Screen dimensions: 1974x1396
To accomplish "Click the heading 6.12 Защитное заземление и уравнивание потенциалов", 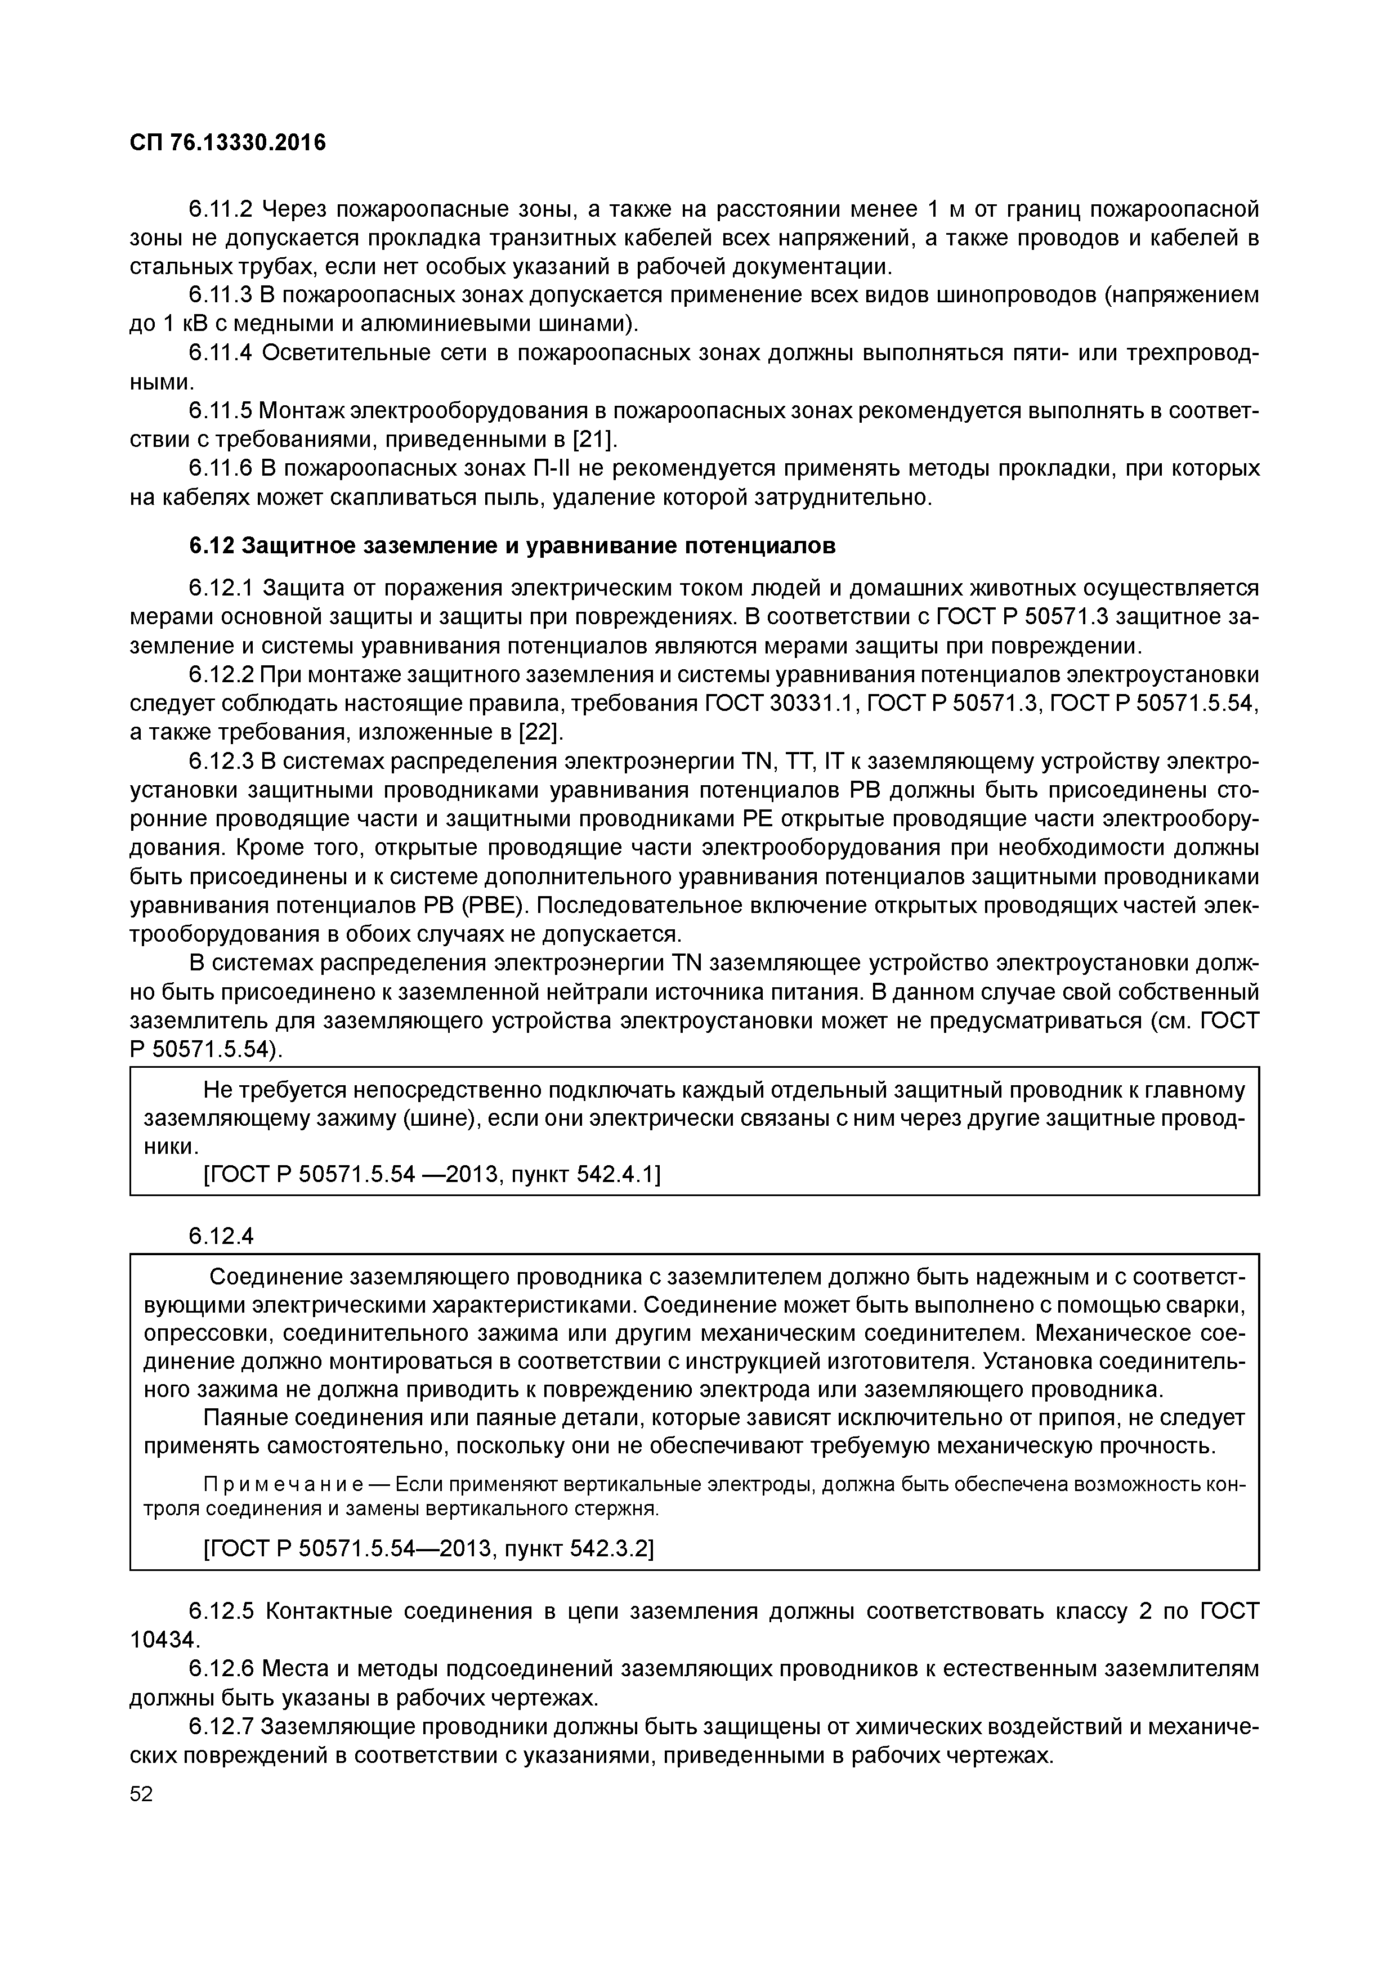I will pyautogui.click(x=512, y=546).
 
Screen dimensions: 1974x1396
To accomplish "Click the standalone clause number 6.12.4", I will pyautogui.click(x=222, y=1236).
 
